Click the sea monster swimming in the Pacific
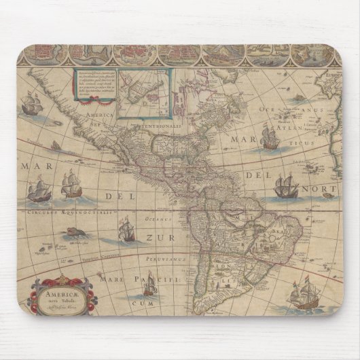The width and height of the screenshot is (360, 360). coord(71,233)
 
